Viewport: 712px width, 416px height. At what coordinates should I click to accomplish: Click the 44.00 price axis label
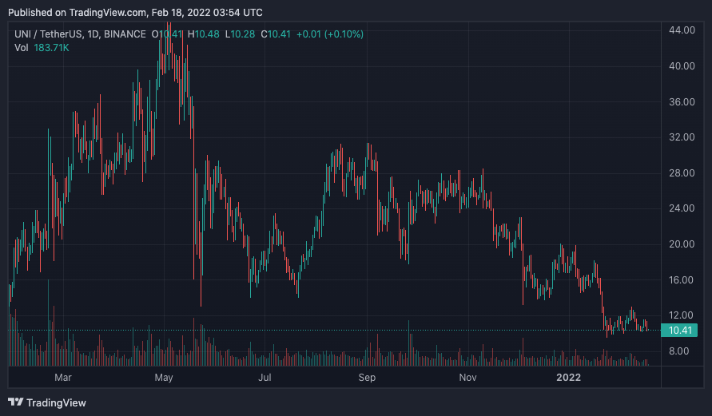(x=682, y=30)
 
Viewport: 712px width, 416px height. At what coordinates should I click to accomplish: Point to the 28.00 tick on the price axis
(x=682, y=172)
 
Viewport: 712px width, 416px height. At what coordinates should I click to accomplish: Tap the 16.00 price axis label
(x=682, y=280)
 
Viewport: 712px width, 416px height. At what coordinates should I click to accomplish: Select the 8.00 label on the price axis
(x=679, y=351)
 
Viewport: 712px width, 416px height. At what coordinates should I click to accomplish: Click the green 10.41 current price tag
(x=679, y=331)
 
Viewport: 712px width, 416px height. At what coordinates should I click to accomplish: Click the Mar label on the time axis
(x=62, y=378)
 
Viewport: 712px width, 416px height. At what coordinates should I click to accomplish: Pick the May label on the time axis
(x=164, y=378)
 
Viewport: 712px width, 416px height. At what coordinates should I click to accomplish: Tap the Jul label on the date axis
(x=265, y=378)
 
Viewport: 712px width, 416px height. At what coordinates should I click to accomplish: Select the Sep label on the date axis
(x=367, y=378)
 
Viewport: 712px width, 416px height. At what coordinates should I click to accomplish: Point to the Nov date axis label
(x=467, y=378)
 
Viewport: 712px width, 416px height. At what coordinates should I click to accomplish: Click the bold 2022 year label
(x=568, y=378)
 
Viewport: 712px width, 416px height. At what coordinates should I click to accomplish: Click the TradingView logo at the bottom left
(x=47, y=402)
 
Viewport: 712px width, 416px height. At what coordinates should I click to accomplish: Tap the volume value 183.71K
(x=51, y=48)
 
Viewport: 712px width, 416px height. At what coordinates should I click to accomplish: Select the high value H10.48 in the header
(x=204, y=34)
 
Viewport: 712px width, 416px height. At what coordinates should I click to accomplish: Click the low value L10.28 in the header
(x=240, y=34)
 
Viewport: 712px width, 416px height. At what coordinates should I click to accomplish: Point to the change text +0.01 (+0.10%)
(x=330, y=34)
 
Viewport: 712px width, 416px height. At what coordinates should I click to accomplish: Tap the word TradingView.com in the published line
(x=108, y=13)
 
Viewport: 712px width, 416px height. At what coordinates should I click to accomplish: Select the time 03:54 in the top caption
(x=227, y=13)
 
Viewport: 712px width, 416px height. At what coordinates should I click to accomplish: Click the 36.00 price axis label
(x=682, y=101)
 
